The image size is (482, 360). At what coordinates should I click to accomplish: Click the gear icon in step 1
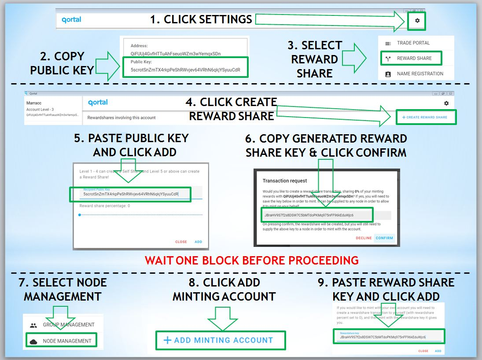click(417, 21)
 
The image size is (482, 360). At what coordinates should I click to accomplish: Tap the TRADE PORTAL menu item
click(413, 43)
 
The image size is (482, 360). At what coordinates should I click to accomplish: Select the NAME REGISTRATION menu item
click(420, 73)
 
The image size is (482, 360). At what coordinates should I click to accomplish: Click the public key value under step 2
click(185, 70)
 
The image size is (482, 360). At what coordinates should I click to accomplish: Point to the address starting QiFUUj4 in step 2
click(176, 54)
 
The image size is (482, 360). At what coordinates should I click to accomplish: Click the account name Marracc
click(34, 103)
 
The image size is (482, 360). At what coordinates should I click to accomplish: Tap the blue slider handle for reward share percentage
click(80, 215)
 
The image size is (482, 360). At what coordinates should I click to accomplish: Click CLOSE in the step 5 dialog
click(181, 242)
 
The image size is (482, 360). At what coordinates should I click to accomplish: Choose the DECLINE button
click(364, 238)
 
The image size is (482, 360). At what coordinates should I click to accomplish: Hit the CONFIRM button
click(384, 238)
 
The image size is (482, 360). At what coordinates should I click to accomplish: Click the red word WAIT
click(159, 260)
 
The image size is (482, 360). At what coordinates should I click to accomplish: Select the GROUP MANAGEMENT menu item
click(69, 325)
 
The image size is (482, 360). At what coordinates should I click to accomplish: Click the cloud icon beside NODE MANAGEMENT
click(33, 341)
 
